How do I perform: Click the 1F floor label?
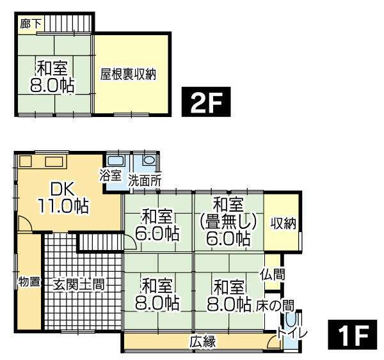[x=351, y=335]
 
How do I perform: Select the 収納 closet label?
[x=282, y=224]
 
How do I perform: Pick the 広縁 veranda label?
[x=202, y=341]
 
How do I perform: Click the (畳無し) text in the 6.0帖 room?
[x=228, y=221]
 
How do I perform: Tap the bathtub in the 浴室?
[x=116, y=160]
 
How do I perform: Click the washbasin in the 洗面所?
[x=149, y=160]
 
